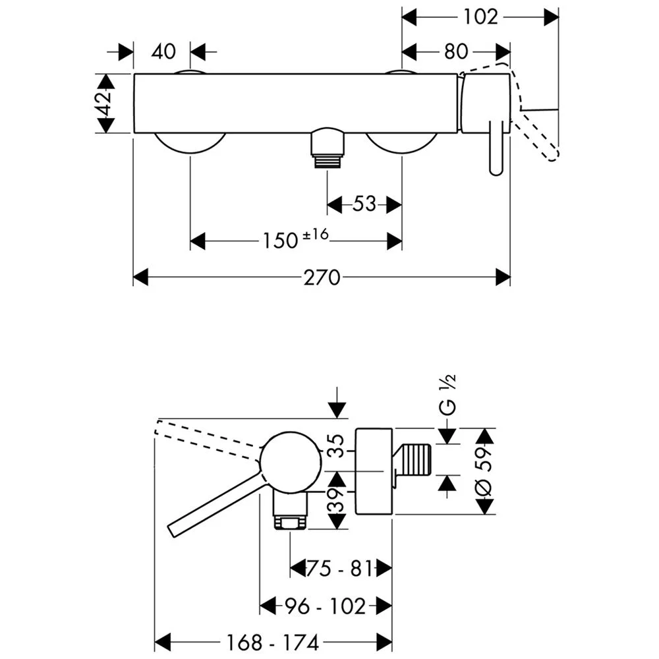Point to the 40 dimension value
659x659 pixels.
point(163,51)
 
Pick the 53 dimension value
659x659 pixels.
point(364,205)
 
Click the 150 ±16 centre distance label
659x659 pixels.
point(296,240)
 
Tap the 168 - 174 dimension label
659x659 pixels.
point(274,641)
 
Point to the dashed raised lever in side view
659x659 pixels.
point(204,438)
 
